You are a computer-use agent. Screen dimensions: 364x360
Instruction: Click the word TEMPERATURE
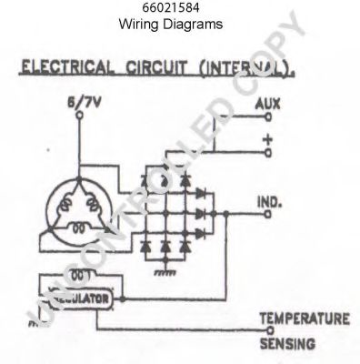click(304, 318)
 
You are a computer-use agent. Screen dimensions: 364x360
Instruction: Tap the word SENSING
click(287, 344)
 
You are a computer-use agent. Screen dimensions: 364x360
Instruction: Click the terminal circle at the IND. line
click(267, 215)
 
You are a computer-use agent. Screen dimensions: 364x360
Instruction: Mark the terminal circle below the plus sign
click(267, 153)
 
